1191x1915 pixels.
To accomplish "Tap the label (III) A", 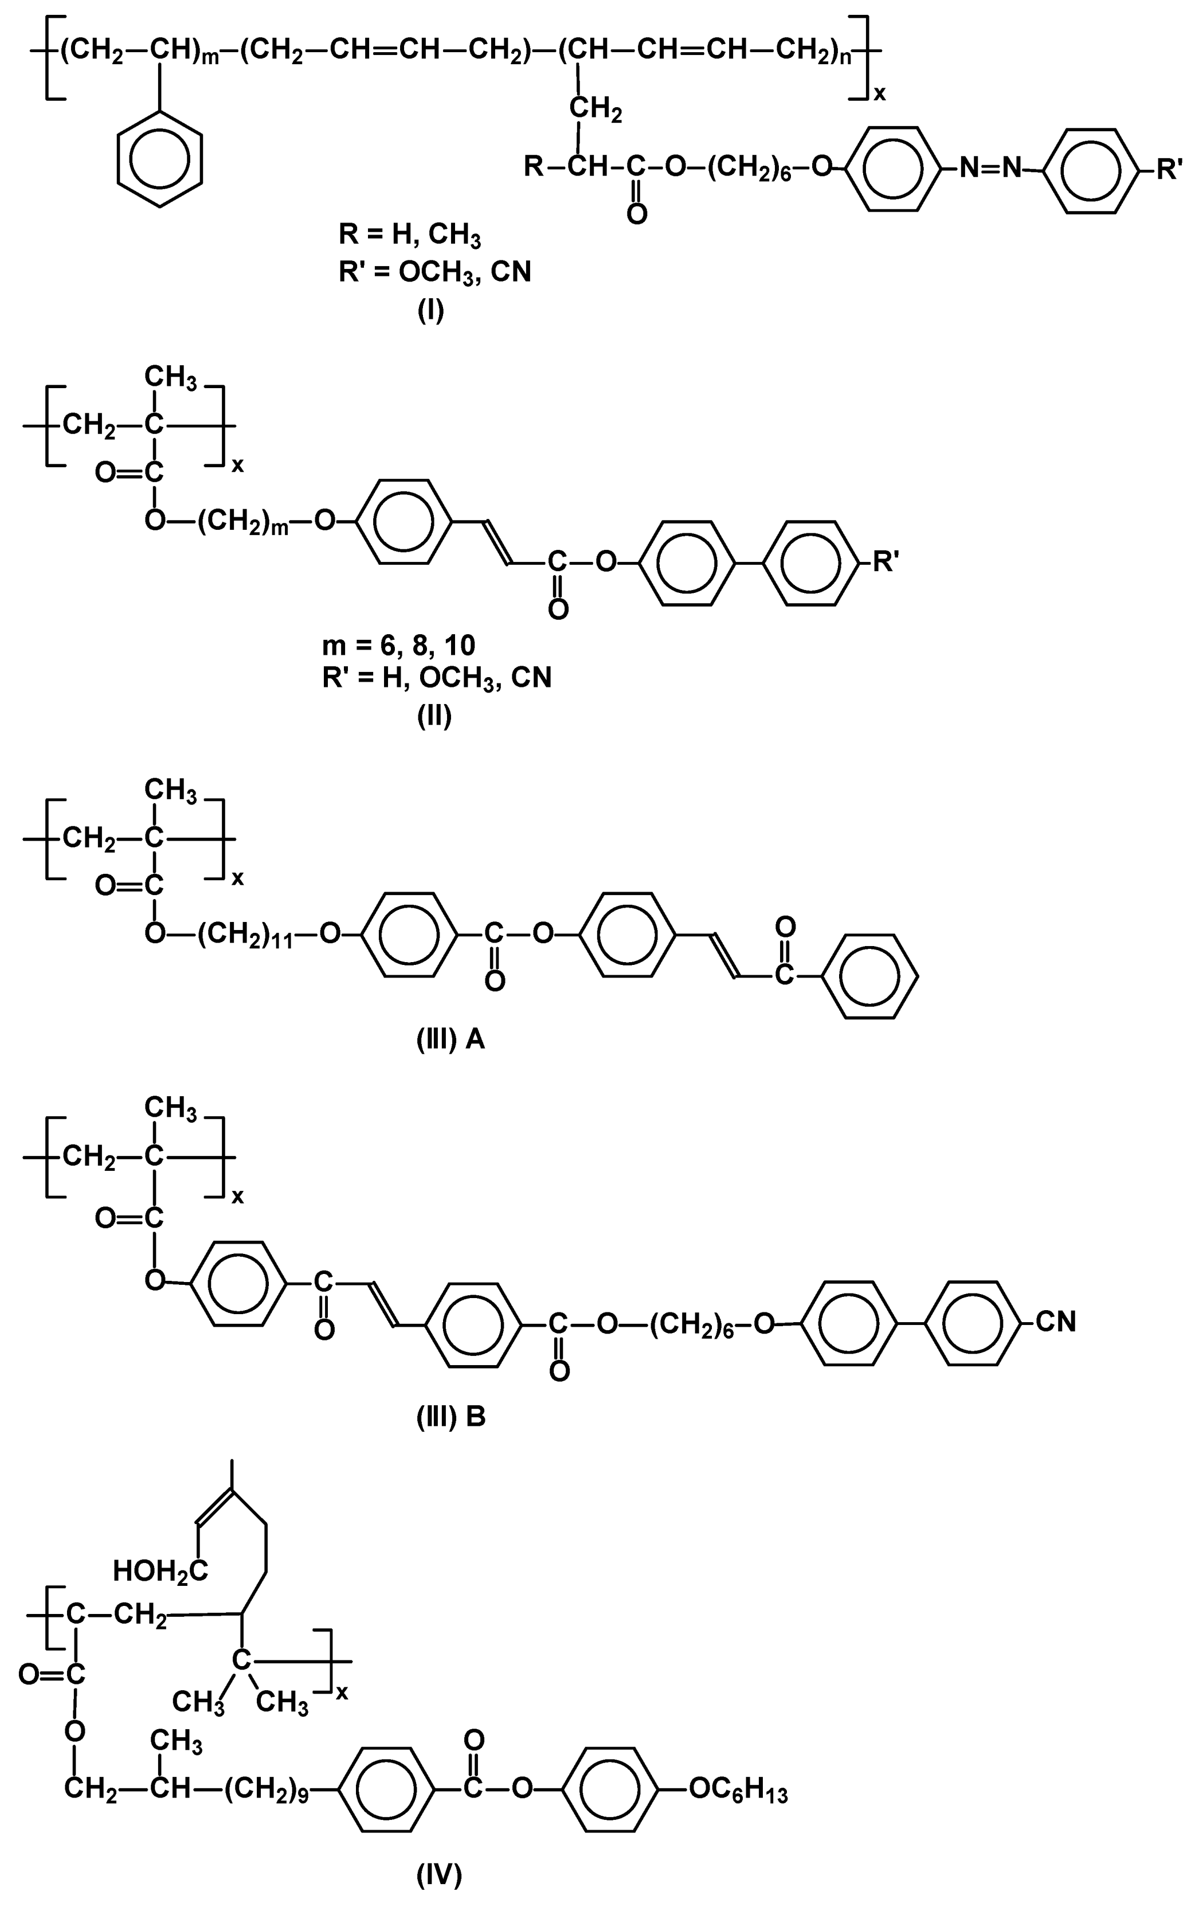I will [450, 1041].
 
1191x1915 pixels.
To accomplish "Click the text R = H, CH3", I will [409, 235].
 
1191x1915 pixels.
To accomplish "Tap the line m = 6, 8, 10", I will [398, 645].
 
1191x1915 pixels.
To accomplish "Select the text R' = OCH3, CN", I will [435, 272].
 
